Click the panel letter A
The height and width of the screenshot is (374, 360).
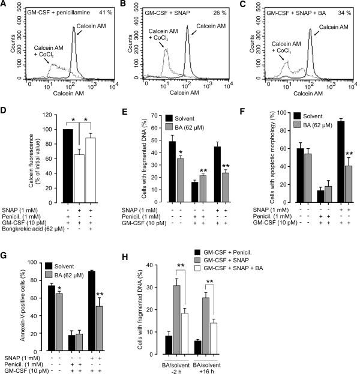[4, 5]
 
